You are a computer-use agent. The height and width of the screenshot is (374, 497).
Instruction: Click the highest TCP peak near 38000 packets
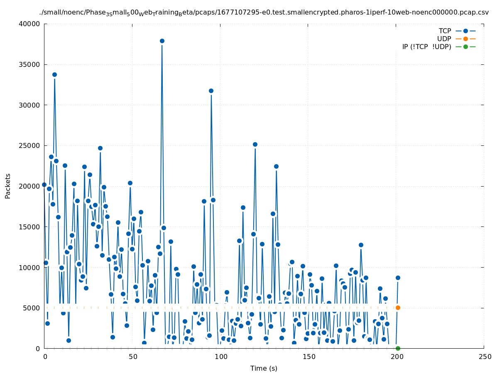pos(162,41)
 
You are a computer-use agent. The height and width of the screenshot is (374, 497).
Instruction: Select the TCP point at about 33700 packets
pos(54,75)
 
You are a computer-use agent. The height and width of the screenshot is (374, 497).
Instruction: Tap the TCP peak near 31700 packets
pos(211,91)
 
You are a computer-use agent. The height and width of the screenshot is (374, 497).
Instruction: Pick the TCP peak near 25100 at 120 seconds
pos(255,145)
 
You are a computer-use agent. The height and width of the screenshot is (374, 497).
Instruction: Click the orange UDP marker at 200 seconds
pos(398,308)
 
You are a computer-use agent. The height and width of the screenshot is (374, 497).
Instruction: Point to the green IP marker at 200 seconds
pos(398,348)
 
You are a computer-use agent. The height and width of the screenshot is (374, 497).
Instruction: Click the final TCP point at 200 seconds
pos(398,278)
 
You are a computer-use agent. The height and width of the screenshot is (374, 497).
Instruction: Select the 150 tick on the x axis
pos(308,357)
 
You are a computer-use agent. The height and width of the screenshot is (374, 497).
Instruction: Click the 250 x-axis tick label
pos(484,357)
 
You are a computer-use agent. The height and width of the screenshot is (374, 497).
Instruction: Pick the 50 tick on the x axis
pos(132,357)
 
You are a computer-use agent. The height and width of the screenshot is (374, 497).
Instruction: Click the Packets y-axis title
pos(8,186)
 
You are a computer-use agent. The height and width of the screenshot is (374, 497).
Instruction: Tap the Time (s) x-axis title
pos(264,368)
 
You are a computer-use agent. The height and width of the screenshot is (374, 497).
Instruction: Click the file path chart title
pos(264,12)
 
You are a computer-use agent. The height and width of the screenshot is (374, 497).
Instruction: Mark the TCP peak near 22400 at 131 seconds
pos(276,166)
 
